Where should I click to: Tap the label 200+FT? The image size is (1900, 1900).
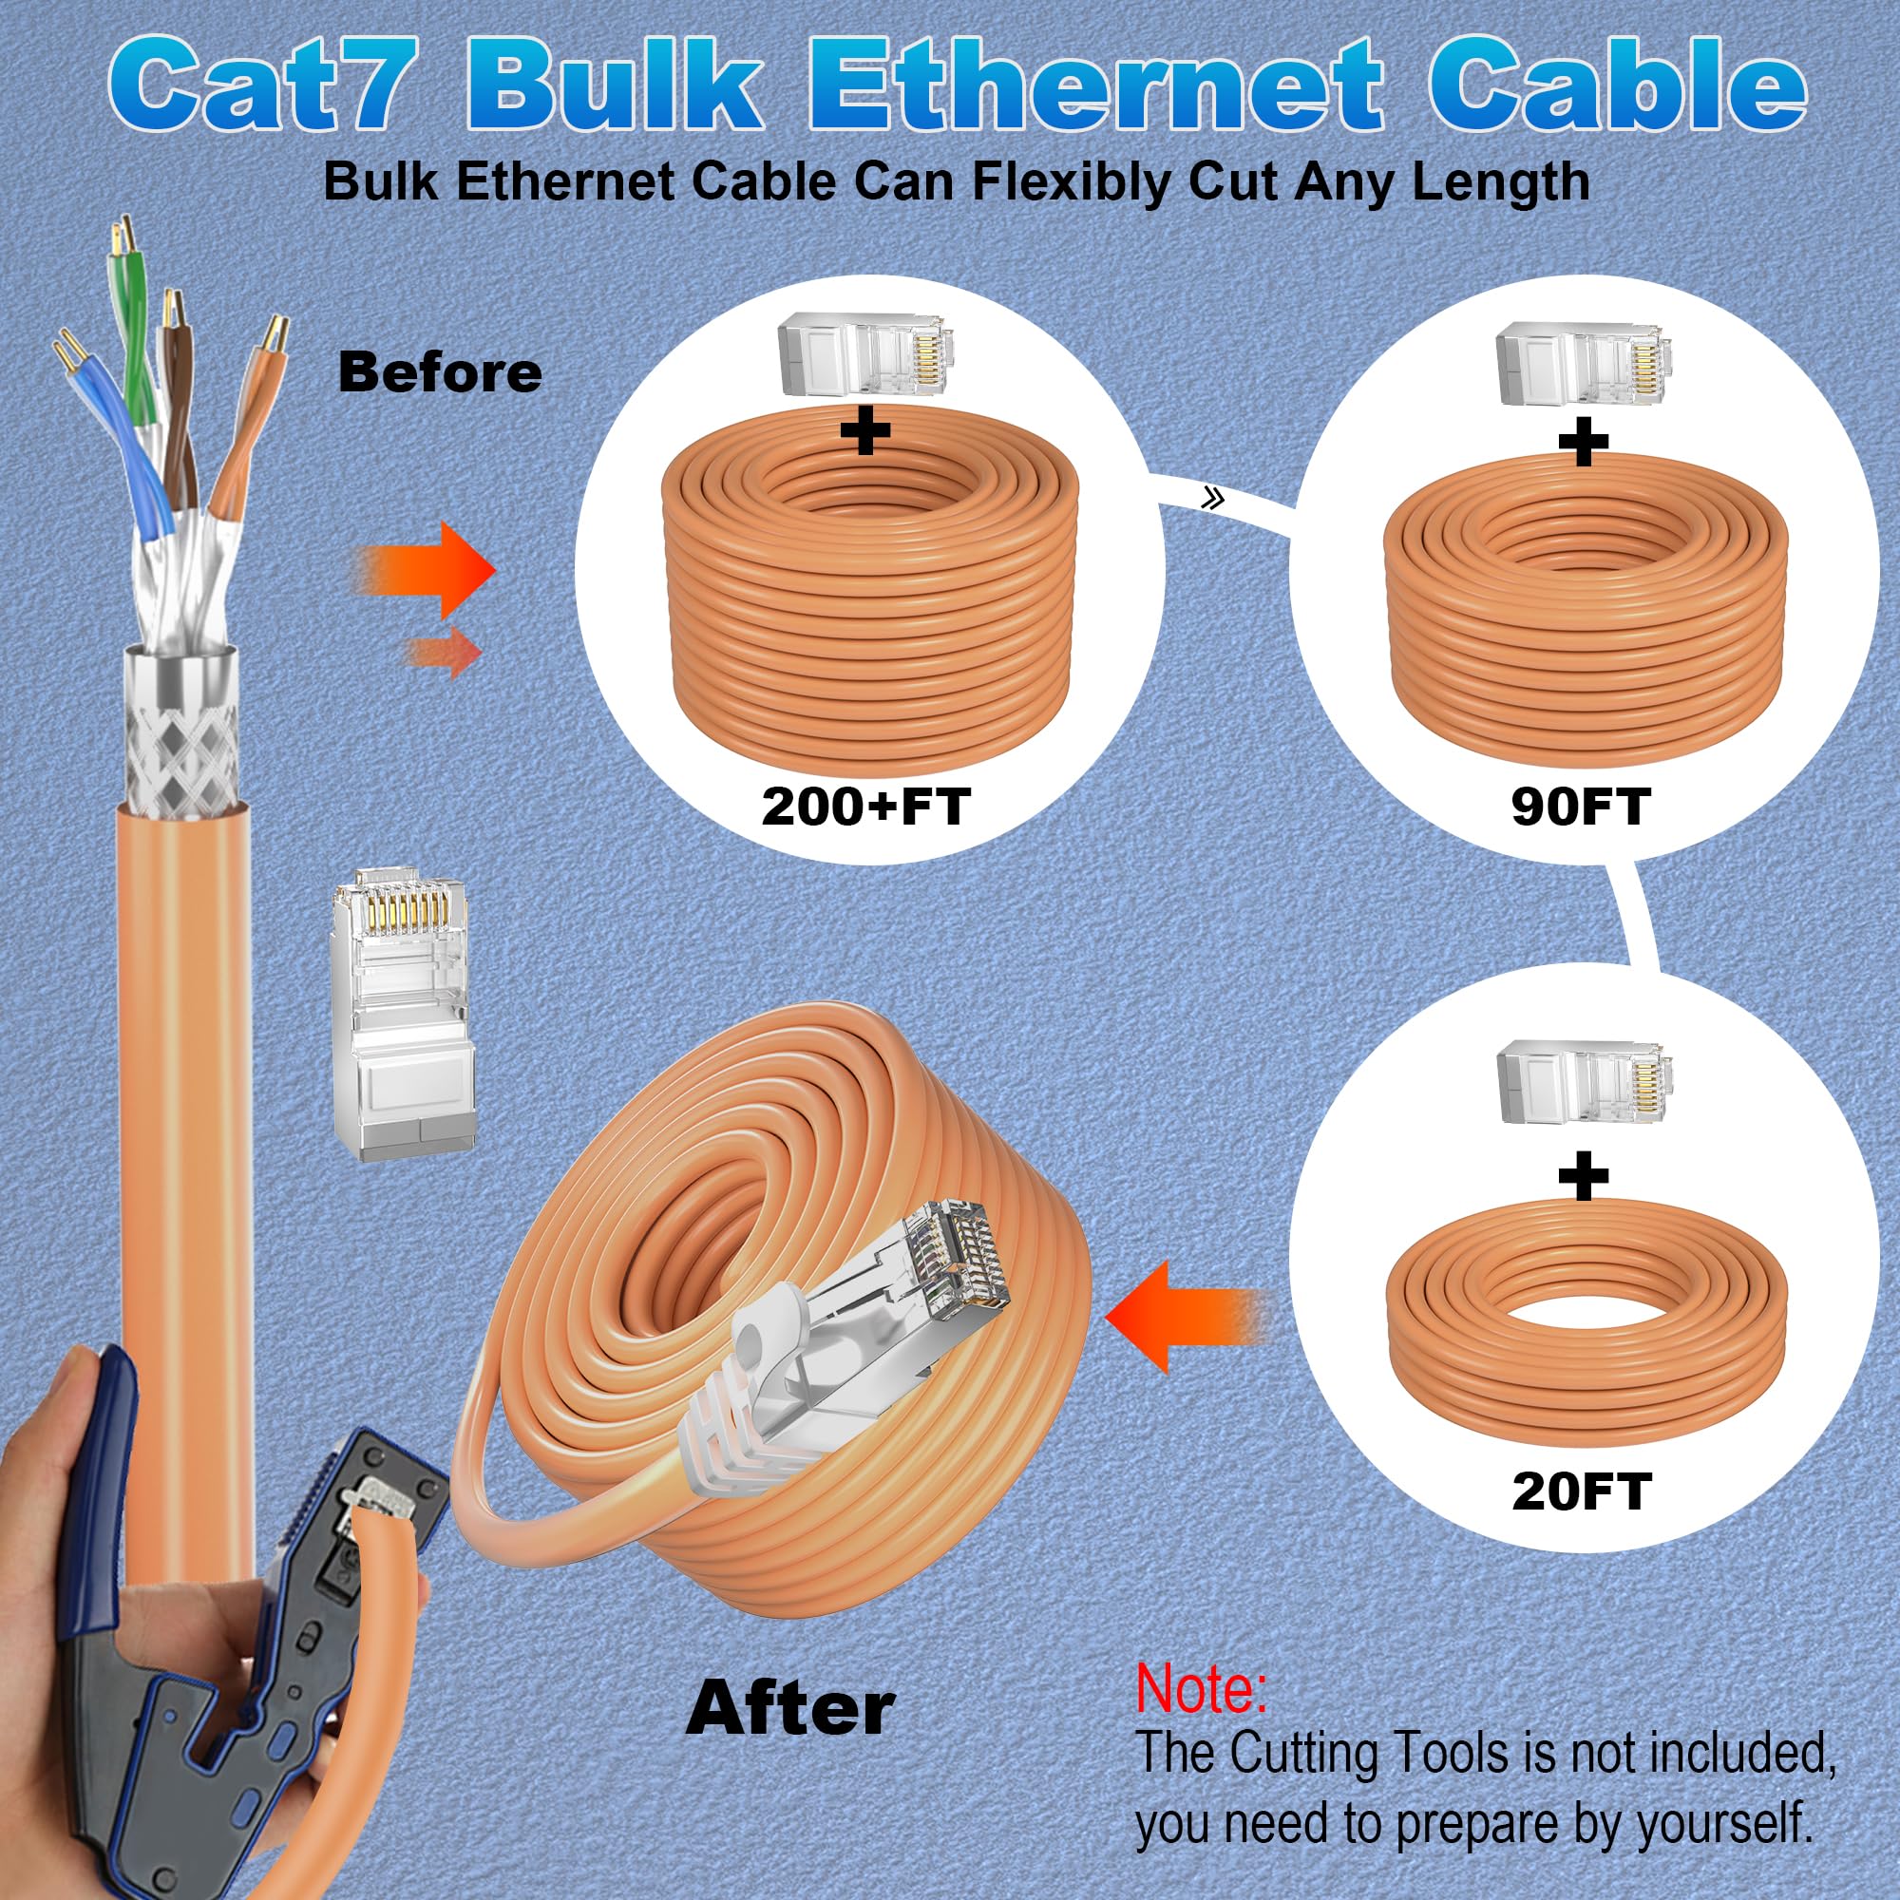[x=865, y=807]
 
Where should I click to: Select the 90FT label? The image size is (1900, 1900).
[x=1581, y=807]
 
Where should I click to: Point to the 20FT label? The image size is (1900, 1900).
[x=1581, y=1491]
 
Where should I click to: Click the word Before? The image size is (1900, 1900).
[x=440, y=372]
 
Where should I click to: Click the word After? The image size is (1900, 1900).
[x=789, y=1709]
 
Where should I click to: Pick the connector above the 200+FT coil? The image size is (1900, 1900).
[x=863, y=354]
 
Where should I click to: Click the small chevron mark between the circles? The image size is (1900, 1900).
[x=1212, y=499]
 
